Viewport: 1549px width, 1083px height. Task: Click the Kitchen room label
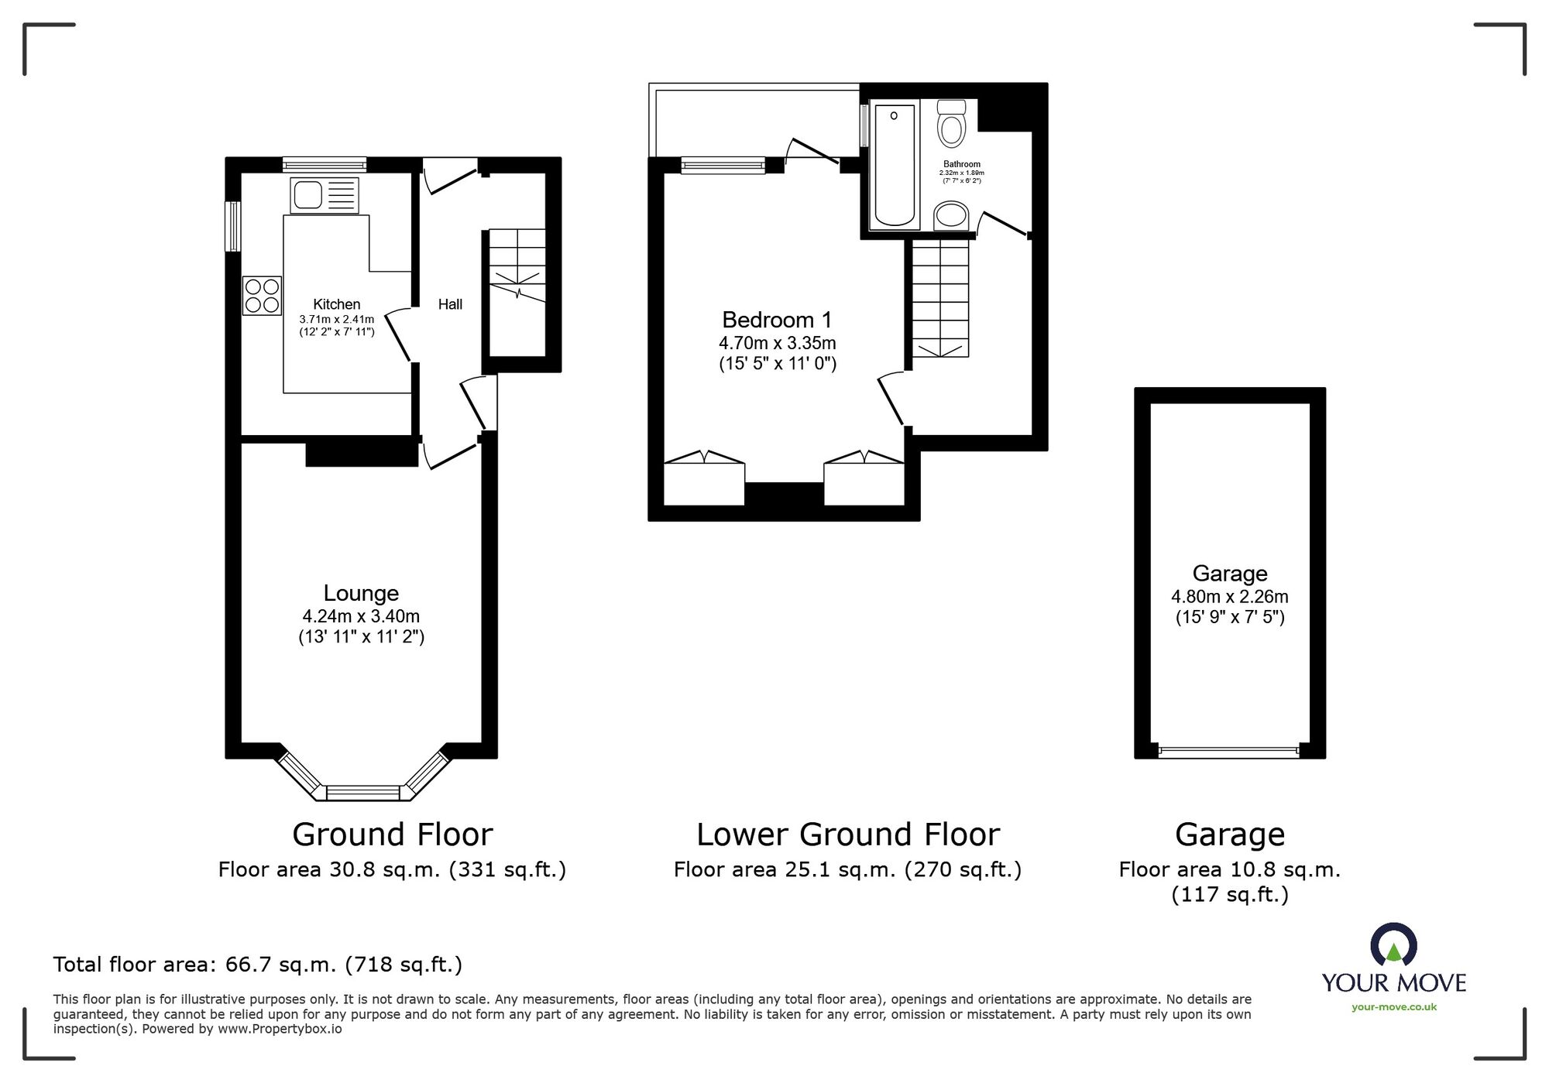click(336, 304)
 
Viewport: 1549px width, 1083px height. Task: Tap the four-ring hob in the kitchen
click(263, 296)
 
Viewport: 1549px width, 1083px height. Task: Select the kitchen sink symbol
click(325, 195)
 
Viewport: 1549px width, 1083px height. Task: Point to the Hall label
click(450, 304)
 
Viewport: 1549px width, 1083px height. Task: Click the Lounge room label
click(361, 593)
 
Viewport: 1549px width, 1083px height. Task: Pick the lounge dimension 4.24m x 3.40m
click(361, 616)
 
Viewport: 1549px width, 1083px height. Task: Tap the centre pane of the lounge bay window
click(362, 793)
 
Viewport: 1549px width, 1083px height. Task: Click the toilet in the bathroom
click(952, 123)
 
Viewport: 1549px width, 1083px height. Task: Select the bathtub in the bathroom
click(895, 165)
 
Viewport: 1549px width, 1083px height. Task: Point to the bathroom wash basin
click(951, 215)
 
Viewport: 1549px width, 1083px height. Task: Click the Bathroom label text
click(962, 164)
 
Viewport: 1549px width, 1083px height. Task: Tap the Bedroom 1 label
click(777, 320)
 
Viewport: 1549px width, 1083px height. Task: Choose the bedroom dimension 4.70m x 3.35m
click(778, 343)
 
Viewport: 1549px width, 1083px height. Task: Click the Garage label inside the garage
click(1230, 573)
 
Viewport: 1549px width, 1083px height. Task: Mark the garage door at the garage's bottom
click(1229, 749)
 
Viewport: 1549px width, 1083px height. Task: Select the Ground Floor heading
click(393, 835)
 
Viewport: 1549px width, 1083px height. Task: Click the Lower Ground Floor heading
click(848, 835)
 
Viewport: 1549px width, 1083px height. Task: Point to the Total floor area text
click(258, 965)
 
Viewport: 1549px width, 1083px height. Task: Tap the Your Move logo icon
click(1393, 944)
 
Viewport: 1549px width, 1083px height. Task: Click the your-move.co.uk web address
click(1394, 1007)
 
